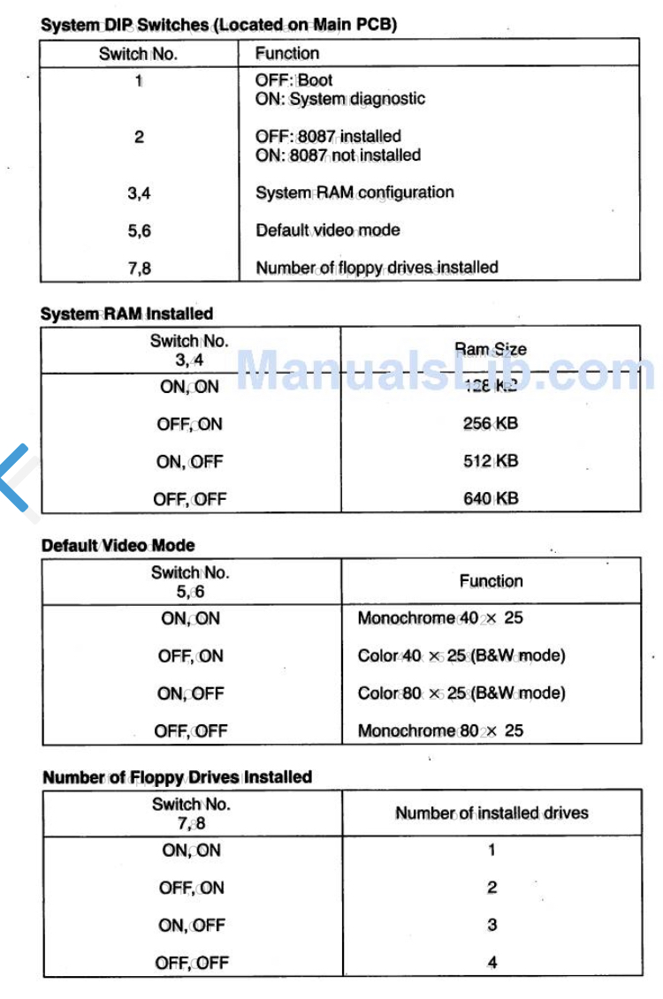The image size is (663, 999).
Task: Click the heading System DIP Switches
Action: pos(218,25)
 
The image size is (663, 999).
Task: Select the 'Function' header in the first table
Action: pos(287,53)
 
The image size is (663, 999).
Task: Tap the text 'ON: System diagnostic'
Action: pos(339,99)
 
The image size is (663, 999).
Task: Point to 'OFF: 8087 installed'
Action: pos(328,136)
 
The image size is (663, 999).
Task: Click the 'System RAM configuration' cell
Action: pos(354,193)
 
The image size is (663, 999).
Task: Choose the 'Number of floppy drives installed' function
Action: pos(377,267)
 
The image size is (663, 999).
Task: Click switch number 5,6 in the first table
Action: pos(139,231)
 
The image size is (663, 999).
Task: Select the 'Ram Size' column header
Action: pos(491,349)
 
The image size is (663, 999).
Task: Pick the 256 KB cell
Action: pos(491,423)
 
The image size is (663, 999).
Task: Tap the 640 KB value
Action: pos(491,498)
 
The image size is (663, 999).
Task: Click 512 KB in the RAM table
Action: pos(491,461)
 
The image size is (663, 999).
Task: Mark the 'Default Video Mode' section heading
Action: pos(118,546)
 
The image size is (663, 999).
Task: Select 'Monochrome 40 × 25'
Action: pos(439,618)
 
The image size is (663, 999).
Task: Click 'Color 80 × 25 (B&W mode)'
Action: pos(461,693)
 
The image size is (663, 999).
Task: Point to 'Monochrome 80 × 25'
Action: pos(439,730)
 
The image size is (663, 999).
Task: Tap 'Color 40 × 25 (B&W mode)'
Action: pos(461,655)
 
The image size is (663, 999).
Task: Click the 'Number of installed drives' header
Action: pos(492,813)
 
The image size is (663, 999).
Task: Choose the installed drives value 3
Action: pos(492,925)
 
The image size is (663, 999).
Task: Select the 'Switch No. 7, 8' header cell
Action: pos(191,814)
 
